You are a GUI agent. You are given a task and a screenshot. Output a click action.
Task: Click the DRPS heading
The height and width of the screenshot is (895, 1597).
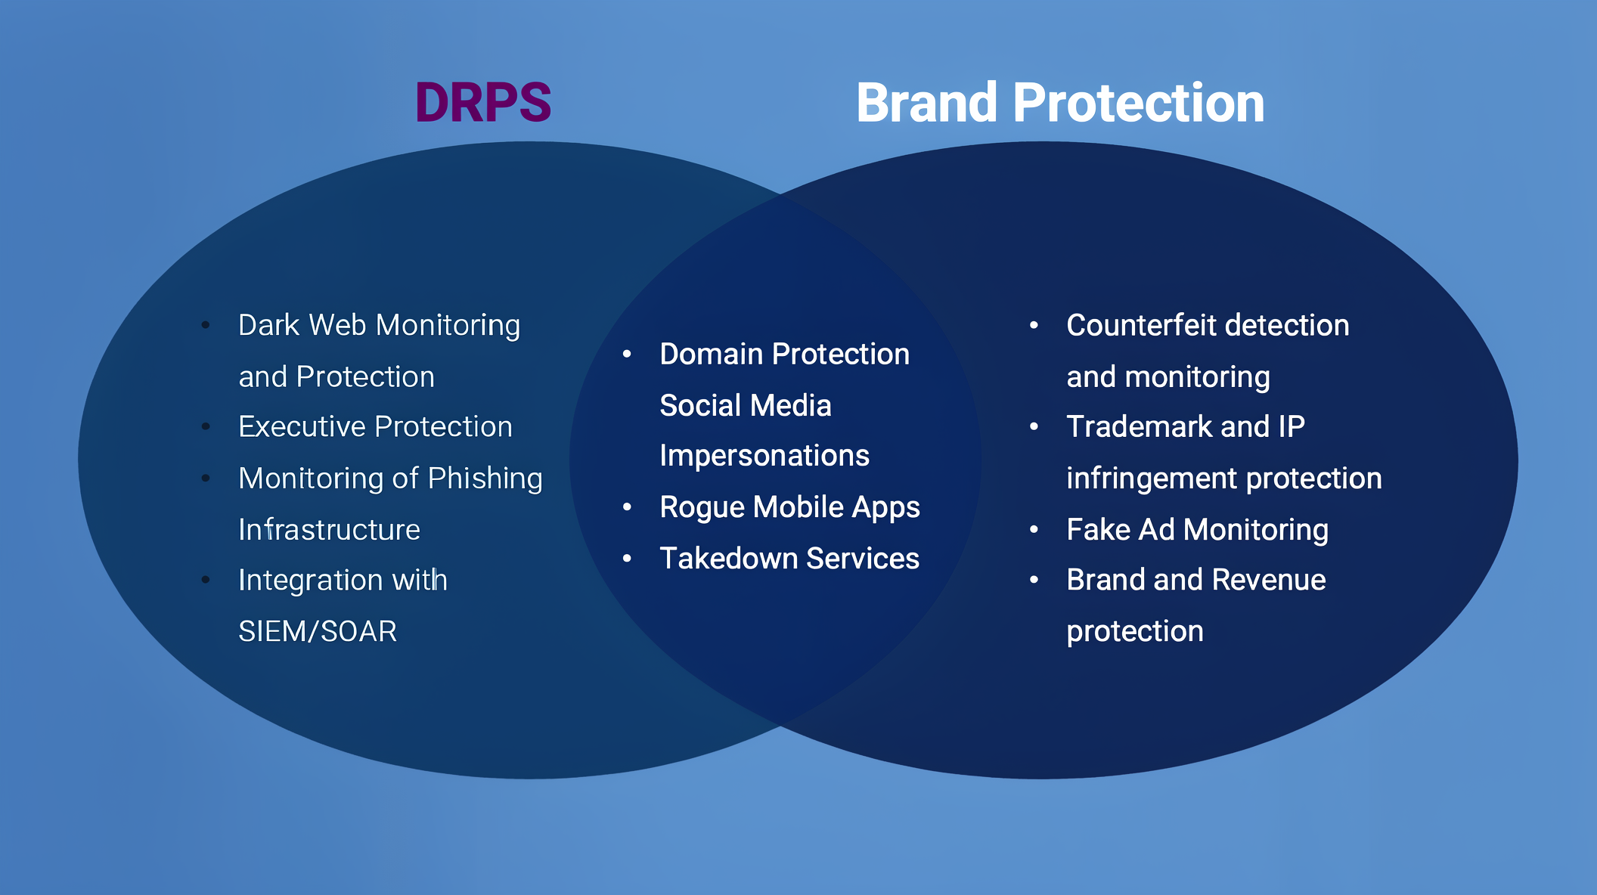(483, 103)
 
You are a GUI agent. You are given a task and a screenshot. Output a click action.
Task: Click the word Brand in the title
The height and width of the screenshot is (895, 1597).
(926, 103)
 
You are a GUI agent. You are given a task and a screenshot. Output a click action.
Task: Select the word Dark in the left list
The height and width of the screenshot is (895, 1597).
(268, 326)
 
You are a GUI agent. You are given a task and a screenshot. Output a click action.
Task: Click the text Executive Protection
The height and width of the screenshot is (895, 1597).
(375, 427)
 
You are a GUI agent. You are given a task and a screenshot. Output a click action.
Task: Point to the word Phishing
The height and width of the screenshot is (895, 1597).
(485, 478)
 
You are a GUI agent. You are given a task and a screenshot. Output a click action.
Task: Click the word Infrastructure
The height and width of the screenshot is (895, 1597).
(329, 530)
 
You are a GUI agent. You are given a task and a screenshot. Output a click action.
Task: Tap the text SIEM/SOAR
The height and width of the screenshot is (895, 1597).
(318, 631)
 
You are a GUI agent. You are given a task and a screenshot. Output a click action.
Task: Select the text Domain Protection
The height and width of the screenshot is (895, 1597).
(784, 355)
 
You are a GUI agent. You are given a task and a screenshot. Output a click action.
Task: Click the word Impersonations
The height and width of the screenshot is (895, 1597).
(764, 456)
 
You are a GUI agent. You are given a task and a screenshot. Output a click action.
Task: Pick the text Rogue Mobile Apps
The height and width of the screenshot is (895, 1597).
(789, 507)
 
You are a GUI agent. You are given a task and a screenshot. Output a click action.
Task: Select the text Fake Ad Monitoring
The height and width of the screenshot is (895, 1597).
(1197, 530)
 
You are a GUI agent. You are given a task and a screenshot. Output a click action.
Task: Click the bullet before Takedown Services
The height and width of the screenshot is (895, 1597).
(627, 559)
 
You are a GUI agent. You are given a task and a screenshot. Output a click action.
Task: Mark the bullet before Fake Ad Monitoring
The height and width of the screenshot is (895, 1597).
(1034, 530)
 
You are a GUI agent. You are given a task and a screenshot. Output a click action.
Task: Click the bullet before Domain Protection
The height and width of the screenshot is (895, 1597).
(627, 355)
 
